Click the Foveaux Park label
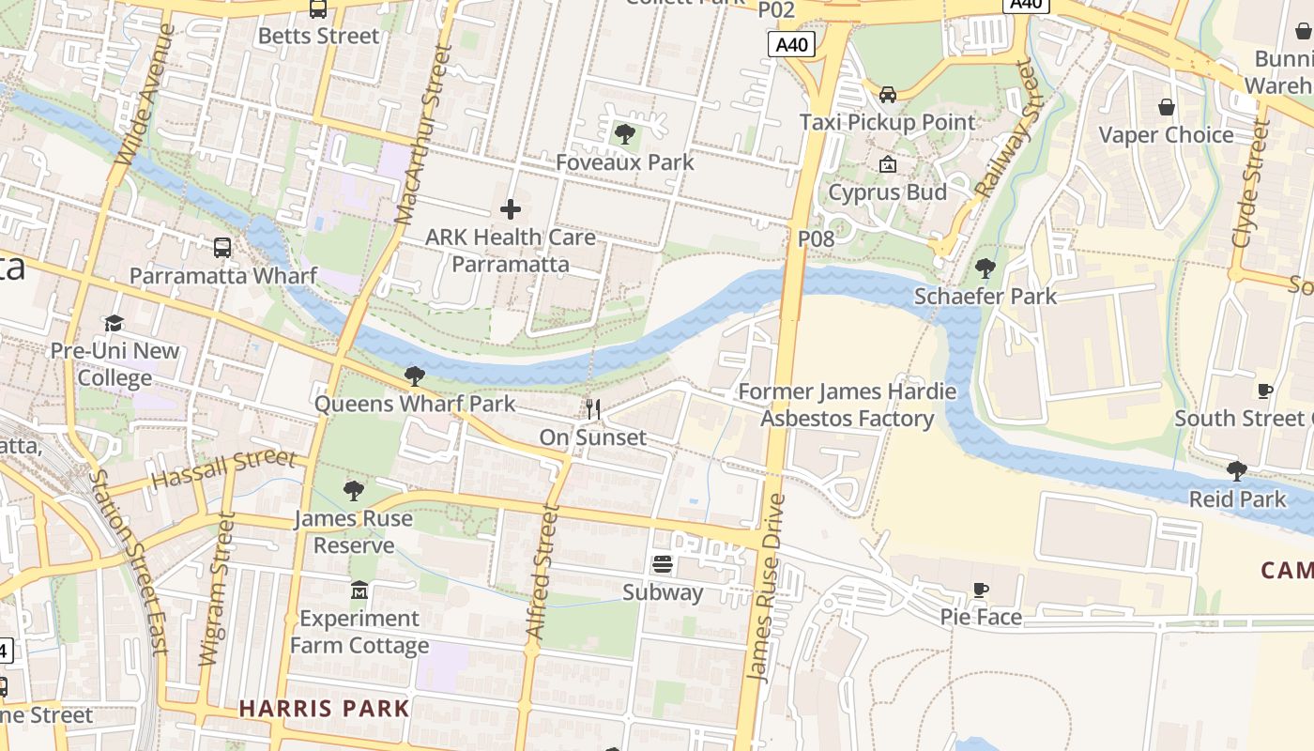[624, 161]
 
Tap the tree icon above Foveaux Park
[624, 134]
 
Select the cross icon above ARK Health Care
[511, 208]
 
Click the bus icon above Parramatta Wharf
[222, 248]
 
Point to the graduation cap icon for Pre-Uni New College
[114, 324]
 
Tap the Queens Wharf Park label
[414, 404]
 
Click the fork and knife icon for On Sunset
[592, 408]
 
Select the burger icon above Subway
[662, 564]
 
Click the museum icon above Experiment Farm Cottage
[359, 590]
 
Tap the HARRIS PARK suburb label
[324, 708]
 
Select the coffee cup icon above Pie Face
[980, 590]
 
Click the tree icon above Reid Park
[1236, 470]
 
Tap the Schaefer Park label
[985, 296]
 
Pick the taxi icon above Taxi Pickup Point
[887, 94]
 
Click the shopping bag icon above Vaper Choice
[1166, 107]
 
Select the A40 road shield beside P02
[790, 44]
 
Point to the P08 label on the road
[816, 238]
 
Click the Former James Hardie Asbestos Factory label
[847, 405]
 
